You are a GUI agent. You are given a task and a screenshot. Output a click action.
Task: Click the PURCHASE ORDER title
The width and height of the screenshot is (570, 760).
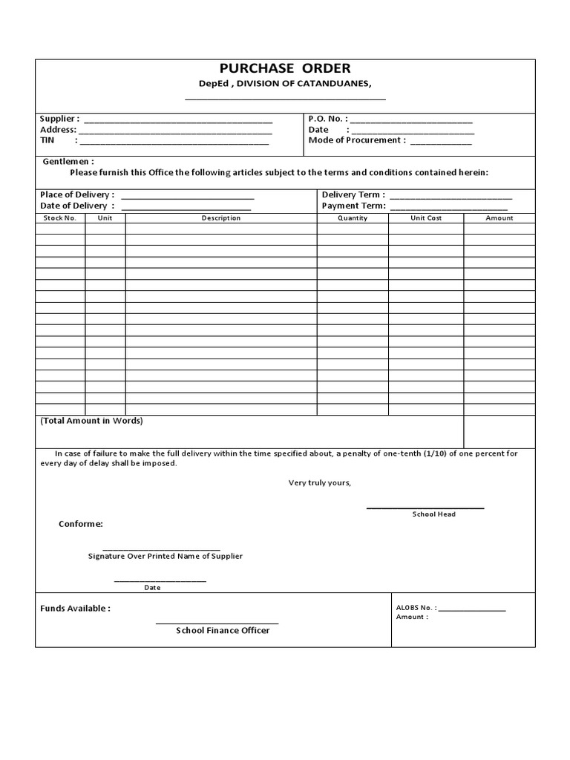coord(285,69)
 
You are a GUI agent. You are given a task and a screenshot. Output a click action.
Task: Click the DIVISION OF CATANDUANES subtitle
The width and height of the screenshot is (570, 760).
coord(284,84)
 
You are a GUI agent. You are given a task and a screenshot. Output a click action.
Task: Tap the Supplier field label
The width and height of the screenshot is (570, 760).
coord(59,119)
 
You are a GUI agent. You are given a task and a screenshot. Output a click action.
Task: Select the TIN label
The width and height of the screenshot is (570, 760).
coord(47,140)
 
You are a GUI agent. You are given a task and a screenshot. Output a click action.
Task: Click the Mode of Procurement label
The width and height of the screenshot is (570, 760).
coord(357,140)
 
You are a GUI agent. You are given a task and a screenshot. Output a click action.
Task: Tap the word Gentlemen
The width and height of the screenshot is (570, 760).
coord(68,161)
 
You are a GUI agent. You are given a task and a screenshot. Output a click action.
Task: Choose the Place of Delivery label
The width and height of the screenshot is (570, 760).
coord(77,195)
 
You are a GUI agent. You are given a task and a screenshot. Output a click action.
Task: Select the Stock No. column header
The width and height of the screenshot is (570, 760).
coord(60,218)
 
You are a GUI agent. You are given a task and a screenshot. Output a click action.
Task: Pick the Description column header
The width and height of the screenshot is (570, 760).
coord(221,218)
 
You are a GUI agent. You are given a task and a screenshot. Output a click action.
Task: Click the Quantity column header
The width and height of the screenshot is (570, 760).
coord(353,218)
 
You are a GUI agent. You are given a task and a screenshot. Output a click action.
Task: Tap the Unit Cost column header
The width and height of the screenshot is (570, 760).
coord(426,218)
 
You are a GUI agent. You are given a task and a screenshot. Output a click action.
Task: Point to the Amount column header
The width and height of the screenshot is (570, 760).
coord(499,218)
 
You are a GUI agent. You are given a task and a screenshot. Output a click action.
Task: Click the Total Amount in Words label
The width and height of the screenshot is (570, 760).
coord(92,421)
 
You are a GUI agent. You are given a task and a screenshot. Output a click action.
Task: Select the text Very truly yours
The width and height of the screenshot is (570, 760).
coord(320,483)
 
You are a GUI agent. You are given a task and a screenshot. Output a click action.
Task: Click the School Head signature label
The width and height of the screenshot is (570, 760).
coord(434,514)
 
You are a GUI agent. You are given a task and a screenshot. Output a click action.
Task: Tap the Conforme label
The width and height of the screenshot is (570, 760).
coord(81,524)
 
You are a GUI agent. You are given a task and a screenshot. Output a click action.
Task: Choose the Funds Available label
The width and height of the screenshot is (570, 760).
coord(75,609)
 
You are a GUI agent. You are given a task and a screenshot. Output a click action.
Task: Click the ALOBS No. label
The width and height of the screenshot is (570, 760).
coord(416,607)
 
